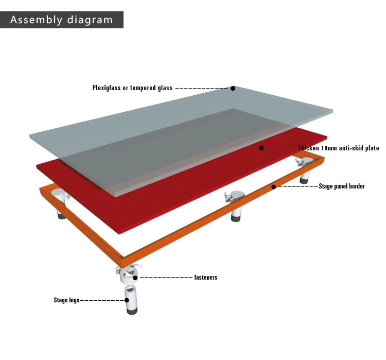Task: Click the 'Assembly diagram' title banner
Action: (x=62, y=20)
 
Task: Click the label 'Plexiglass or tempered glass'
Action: (x=132, y=88)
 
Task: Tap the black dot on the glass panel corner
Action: (x=233, y=88)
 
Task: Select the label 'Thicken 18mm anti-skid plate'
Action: (x=338, y=148)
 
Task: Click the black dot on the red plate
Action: (x=261, y=148)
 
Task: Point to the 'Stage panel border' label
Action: (x=342, y=186)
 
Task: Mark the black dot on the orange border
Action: (x=273, y=187)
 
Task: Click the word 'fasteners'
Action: (x=206, y=277)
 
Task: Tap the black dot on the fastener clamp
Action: (x=135, y=278)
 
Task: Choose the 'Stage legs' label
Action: (x=66, y=300)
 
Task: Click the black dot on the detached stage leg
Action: (x=127, y=300)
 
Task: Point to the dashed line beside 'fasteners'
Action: (x=166, y=278)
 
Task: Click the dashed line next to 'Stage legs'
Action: (x=102, y=300)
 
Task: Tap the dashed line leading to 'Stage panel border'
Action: (x=298, y=186)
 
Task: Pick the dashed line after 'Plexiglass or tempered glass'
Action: (x=201, y=88)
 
